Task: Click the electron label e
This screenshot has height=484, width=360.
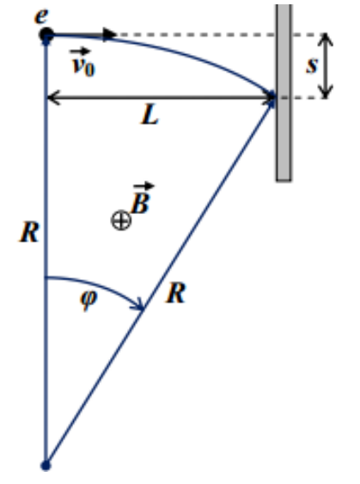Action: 41,16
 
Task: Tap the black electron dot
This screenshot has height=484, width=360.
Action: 46,34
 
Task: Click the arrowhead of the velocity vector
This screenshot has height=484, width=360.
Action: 109,34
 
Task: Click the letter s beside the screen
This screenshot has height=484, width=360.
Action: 312,65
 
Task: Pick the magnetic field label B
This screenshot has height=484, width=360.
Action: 142,199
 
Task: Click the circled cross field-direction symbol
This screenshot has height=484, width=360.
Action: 121,220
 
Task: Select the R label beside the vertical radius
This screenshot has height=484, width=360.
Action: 29,232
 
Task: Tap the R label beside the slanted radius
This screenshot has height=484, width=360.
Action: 176,293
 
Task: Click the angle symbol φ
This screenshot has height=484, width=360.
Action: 88,299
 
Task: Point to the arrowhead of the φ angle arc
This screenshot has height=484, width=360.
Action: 139,305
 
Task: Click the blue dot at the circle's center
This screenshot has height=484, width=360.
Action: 46,465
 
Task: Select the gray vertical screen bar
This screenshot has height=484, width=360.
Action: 284,92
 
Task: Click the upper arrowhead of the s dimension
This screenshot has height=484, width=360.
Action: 325,39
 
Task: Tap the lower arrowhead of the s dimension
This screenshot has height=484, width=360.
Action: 325,92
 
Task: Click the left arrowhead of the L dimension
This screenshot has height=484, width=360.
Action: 52,97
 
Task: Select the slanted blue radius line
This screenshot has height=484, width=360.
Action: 161,281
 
